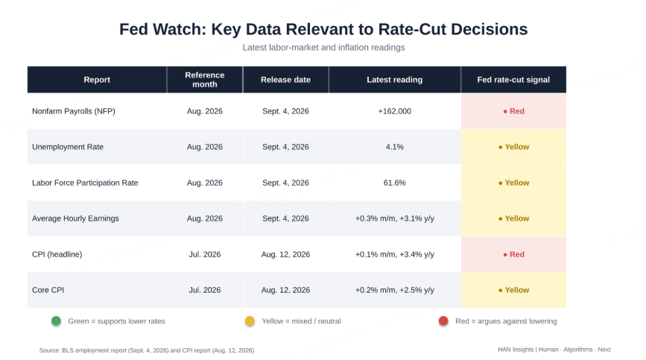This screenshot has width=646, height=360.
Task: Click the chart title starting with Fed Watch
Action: pos(323,29)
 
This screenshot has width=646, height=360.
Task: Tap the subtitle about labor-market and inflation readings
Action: pos(323,48)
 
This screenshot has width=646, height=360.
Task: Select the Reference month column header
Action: pos(205,80)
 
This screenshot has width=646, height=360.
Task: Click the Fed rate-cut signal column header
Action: pos(513,80)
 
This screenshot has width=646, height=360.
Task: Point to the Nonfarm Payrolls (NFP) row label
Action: pos(74,111)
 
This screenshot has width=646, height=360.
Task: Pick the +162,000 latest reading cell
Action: pos(395,111)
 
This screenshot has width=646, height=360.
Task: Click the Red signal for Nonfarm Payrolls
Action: pos(514,111)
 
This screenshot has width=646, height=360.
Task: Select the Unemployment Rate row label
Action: pos(68,147)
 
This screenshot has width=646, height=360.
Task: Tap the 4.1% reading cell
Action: pos(395,147)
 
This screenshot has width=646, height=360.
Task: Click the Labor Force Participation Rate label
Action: pos(85,183)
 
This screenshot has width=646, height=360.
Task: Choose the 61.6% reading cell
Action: pos(395,183)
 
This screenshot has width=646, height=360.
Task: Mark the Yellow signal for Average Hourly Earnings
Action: pos(514,218)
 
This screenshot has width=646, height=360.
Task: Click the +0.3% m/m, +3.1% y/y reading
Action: pos(395,218)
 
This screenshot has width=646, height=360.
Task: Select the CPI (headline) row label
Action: pos(57,255)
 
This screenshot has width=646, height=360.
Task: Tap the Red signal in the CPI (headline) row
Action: pos(514,255)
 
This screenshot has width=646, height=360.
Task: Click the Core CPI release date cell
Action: pos(285,290)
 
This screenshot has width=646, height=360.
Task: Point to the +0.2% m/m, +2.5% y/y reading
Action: pos(395,290)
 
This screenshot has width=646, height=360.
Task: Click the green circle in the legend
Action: pos(56,320)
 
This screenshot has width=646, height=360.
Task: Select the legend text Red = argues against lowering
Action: pos(506,321)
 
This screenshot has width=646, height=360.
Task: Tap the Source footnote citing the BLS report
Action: pos(147,350)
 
